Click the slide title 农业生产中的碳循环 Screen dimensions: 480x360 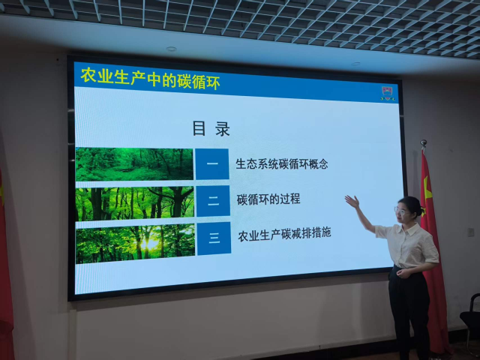coord(150,79)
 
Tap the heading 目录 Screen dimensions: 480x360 coord(211,128)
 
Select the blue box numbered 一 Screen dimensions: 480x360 coord(212,164)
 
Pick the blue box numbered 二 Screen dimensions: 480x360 coord(213,201)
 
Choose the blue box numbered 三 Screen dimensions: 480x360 coord(214,238)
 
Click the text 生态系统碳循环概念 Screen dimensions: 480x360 coord(282,164)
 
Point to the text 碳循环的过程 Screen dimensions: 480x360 coord(268,199)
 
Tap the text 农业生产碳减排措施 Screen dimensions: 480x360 coord(284,234)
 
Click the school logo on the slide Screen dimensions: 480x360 coord(388,94)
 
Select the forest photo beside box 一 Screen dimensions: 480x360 coord(134,164)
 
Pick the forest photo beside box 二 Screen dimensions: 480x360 coord(135,203)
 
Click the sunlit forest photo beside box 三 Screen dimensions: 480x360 coord(135,243)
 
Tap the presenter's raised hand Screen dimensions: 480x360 coord(352,202)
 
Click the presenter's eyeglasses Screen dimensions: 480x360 coord(400,211)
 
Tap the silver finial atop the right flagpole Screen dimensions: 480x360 coord(424,143)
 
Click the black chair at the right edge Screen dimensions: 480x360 coord(470,322)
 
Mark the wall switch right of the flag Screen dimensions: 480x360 coord(471,232)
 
